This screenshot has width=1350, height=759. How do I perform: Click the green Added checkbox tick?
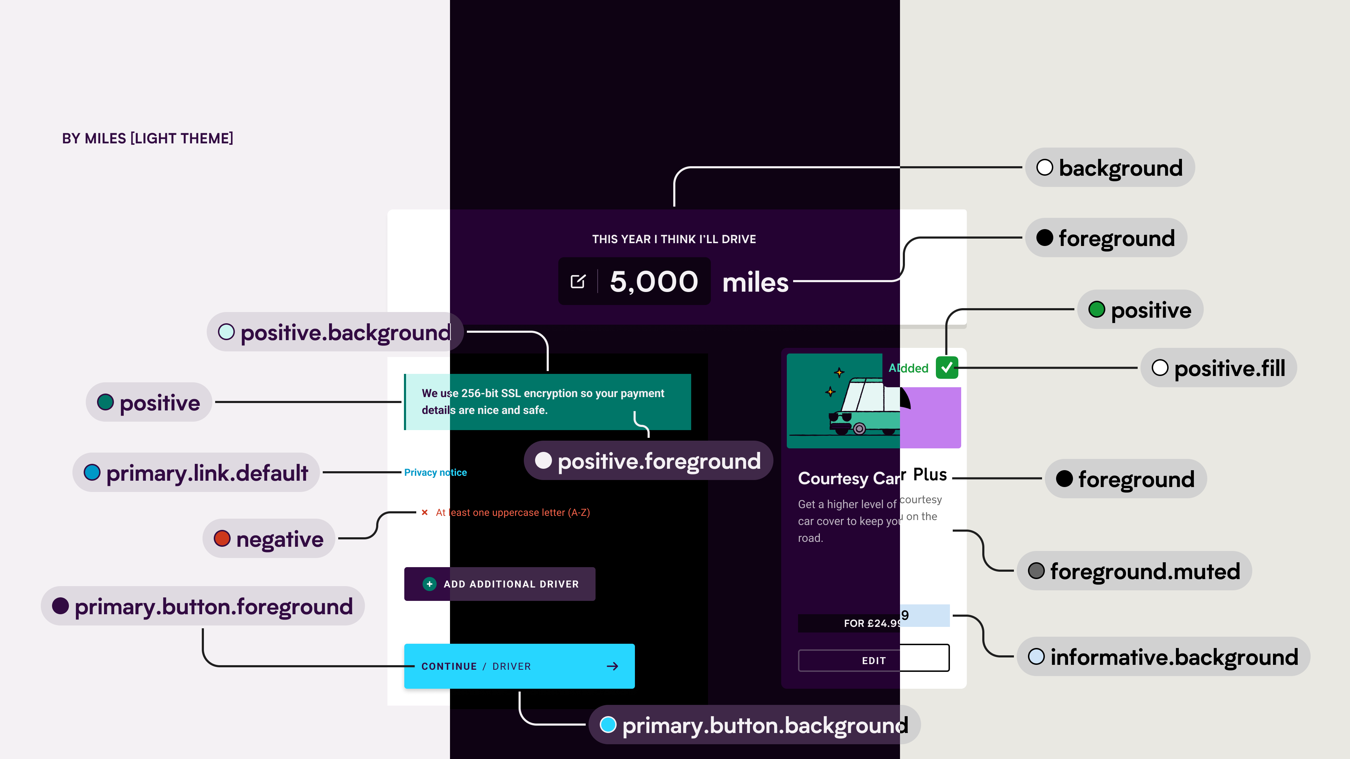tap(946, 368)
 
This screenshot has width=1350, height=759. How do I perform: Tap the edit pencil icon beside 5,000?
tap(578, 281)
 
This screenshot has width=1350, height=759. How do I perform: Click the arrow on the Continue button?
tap(612, 666)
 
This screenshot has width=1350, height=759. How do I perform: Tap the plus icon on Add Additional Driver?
tap(429, 584)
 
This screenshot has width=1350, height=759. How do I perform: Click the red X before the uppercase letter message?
tap(424, 512)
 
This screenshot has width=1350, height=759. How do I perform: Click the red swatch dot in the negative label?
tap(222, 538)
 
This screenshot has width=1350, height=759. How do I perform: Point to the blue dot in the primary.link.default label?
tap(92, 473)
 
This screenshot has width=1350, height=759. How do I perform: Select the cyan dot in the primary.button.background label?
tap(608, 725)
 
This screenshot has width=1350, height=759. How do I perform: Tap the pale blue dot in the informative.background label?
tap(1036, 657)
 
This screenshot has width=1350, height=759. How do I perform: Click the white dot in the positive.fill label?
tap(1160, 368)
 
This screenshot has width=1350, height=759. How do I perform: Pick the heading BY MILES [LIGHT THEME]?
tap(147, 138)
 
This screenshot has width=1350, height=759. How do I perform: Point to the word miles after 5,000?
tap(755, 283)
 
